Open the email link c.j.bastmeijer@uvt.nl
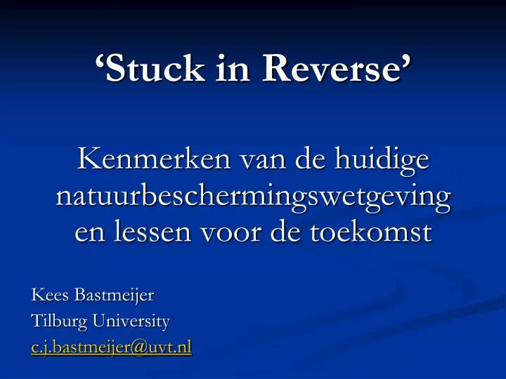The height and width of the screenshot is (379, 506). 111,347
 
